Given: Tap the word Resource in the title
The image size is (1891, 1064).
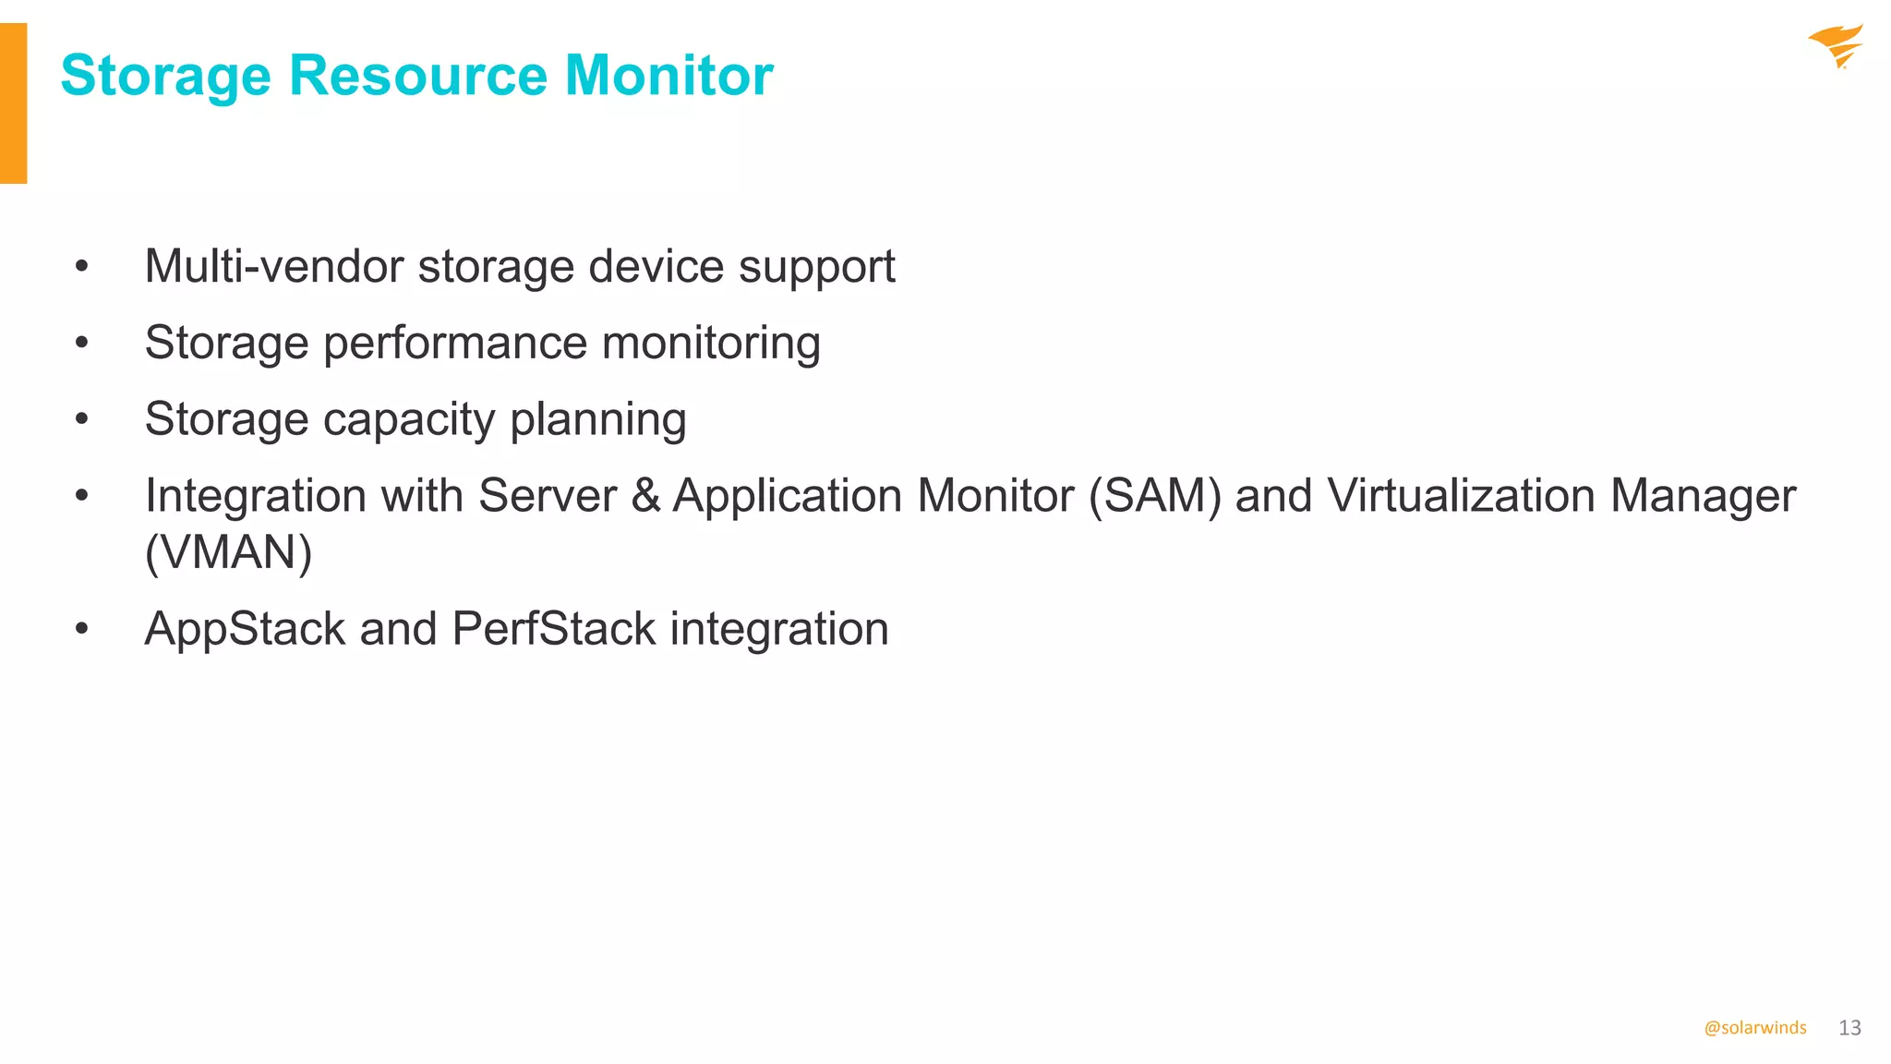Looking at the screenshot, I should [x=417, y=75].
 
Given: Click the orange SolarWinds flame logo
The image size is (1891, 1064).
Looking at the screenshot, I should [x=1836, y=46].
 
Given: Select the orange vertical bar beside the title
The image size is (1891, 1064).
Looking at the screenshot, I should [x=13, y=103].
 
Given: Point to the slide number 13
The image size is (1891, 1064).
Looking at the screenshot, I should [x=1849, y=1028].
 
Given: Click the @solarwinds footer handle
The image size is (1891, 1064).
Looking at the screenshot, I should [x=1754, y=1028].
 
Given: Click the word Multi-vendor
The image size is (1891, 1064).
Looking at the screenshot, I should [x=273, y=267].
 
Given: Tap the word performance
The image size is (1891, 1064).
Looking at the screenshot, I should [x=454, y=345].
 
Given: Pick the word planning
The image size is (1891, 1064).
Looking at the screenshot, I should [x=597, y=420].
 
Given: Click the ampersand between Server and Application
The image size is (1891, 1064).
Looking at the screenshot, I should [x=646, y=496].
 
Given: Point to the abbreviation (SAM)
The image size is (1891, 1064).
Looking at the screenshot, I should [x=1154, y=496].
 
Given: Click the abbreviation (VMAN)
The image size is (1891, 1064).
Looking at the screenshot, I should [x=228, y=553].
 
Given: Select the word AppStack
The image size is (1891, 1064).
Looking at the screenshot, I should [x=245, y=630].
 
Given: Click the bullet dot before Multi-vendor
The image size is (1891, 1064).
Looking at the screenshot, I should [x=82, y=267].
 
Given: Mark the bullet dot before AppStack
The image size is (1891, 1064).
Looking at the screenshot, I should [x=82, y=630].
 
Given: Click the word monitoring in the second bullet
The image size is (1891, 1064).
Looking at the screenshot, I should [x=710, y=344].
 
